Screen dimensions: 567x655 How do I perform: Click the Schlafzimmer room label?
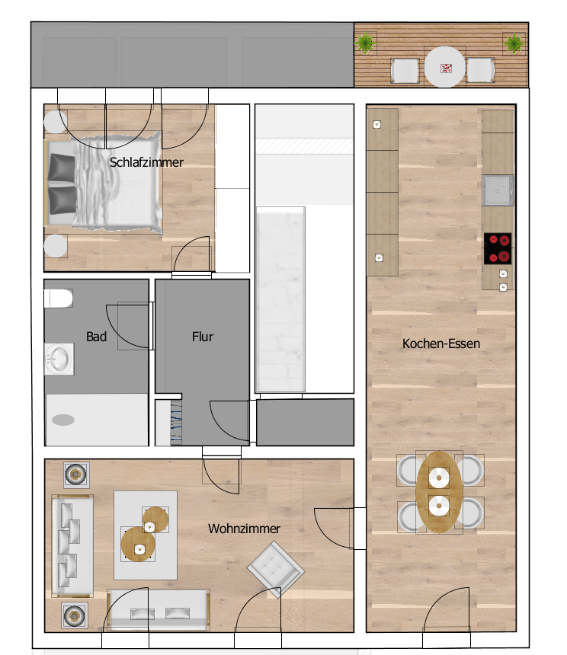coord(146,162)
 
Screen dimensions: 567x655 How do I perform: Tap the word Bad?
coord(96,337)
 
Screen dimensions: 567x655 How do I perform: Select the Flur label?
coord(203,337)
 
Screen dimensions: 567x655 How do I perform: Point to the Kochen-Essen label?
coord(440,343)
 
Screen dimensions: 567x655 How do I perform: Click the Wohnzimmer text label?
coord(244,529)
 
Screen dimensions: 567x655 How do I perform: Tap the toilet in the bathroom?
coord(59,299)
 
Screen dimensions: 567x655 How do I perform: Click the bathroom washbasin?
coord(59,359)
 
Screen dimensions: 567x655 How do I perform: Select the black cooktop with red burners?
coord(498,248)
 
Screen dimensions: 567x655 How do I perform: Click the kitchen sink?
coord(498,190)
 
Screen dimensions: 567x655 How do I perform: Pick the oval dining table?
coord(439,492)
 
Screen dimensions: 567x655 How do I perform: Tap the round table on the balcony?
coord(445,67)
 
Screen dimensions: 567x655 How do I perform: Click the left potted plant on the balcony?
coord(365,43)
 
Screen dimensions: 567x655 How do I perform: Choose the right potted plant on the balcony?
coord(514,43)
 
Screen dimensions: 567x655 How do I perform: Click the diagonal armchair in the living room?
coord(276,569)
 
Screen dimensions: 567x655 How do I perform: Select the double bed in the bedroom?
coord(104,182)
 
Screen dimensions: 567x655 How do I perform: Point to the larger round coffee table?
coord(138,544)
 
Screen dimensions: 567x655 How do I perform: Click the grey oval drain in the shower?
coord(63,420)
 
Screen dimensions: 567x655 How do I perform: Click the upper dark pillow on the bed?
coord(62,168)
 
